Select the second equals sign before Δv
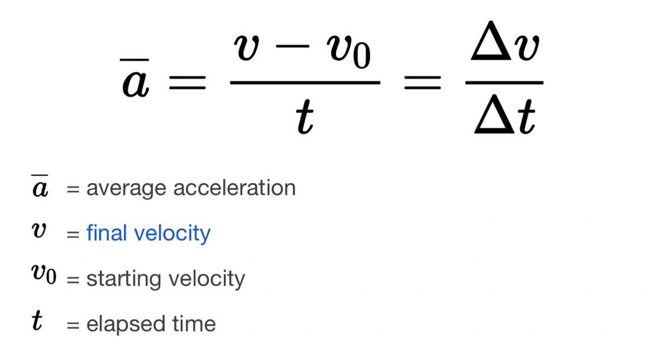[423, 84]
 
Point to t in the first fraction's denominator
[305, 118]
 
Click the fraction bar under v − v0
[305, 83]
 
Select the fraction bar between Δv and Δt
[504, 83]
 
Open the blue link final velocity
[148, 233]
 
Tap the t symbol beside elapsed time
[37, 322]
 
